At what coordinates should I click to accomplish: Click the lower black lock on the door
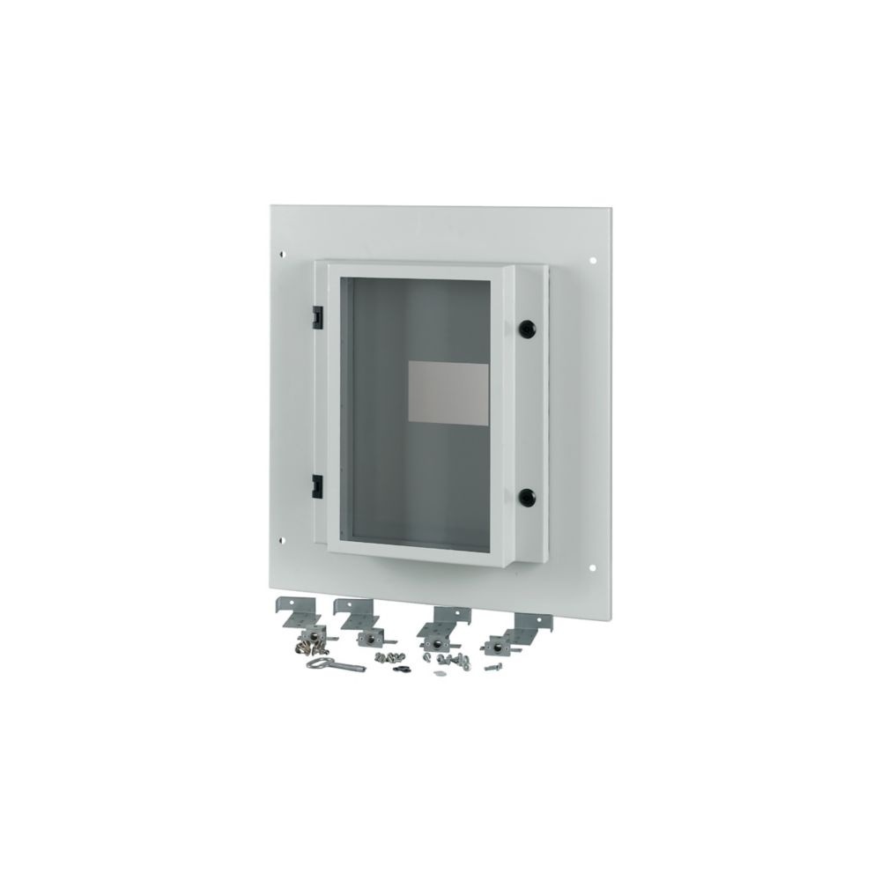(x=528, y=496)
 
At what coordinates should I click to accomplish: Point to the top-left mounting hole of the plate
(x=281, y=255)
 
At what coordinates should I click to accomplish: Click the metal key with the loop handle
(x=326, y=663)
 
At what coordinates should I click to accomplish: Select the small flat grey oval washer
(x=440, y=674)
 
